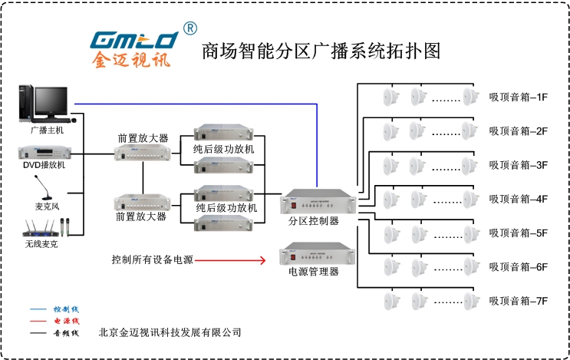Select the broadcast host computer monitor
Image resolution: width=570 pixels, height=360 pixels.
[51, 102]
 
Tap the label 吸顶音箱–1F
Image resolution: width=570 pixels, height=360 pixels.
[518, 97]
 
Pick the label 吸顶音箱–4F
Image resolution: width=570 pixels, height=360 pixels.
[518, 199]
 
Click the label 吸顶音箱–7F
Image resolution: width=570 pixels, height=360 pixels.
[518, 301]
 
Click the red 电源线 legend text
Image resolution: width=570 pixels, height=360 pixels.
[65, 321]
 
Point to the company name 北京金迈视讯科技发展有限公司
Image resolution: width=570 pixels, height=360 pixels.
[170, 333]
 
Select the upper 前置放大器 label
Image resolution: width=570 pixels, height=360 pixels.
[143, 138]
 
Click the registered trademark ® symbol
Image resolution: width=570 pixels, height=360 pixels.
[189, 28]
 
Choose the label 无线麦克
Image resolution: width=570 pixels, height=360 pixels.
[41, 244]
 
